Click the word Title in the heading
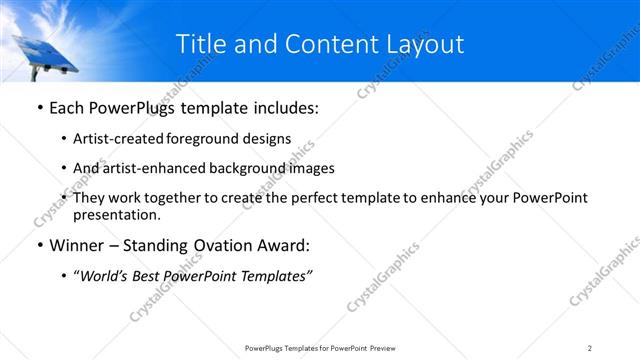(200, 44)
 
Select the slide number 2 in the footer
(590, 348)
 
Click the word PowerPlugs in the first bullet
(137, 107)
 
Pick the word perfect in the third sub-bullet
(310, 198)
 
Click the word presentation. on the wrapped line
(116, 215)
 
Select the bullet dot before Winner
(38, 245)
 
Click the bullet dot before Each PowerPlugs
(38, 107)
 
